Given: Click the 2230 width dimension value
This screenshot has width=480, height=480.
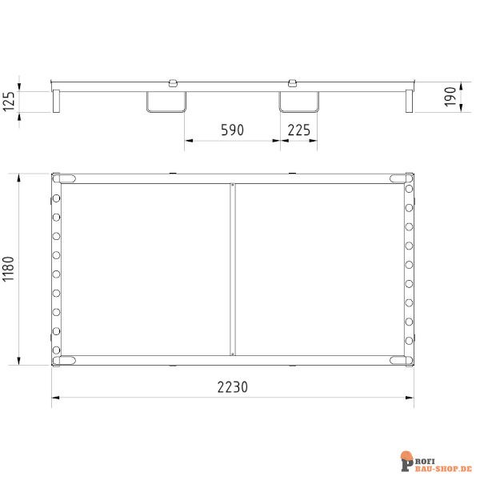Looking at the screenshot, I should pyautogui.click(x=232, y=386).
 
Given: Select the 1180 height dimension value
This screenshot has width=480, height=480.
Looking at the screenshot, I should pyautogui.click(x=9, y=268).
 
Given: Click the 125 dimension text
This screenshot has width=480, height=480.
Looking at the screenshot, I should pyautogui.click(x=9, y=102).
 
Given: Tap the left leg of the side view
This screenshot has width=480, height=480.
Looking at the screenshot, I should pyautogui.click(x=57, y=100).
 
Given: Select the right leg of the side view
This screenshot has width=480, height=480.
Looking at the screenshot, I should pyautogui.click(x=408, y=100).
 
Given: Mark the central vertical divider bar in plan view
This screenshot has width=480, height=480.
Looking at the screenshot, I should pyautogui.click(x=233, y=269).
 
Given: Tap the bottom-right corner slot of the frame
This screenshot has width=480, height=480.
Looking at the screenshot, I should pyautogui.click(x=401, y=360).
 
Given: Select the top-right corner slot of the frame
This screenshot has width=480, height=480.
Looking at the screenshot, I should pyautogui.click(x=401, y=178).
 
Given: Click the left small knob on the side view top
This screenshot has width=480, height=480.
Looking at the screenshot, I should pyautogui.click(x=172, y=82).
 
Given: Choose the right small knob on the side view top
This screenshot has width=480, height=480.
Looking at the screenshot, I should pyautogui.click(x=293, y=82).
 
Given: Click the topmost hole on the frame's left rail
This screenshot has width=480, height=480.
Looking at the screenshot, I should pyautogui.click(x=57, y=199).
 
